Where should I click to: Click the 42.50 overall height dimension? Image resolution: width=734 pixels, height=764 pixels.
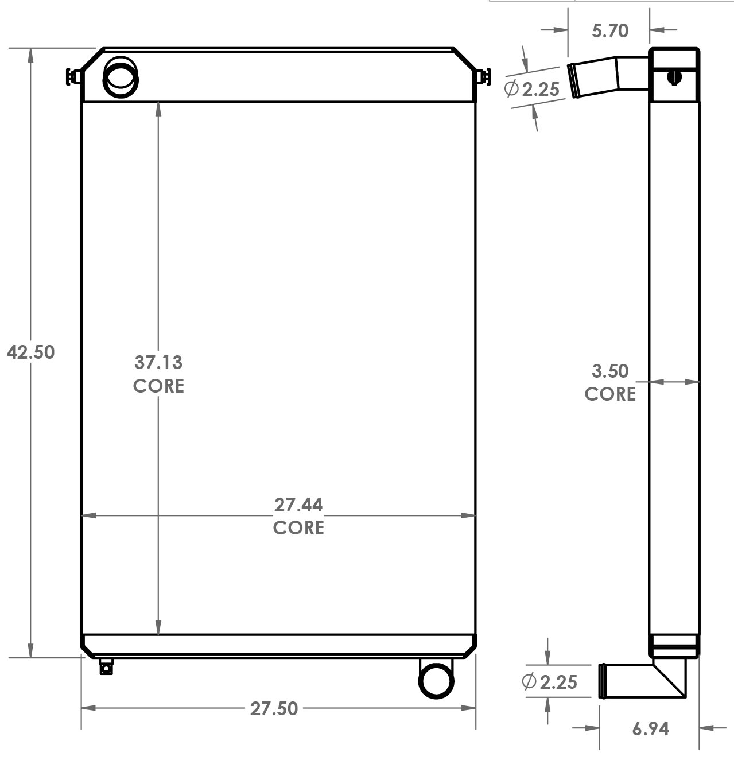coord(31,352)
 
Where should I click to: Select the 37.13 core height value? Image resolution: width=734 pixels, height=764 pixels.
coord(158,362)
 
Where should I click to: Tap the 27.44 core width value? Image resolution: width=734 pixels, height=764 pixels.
coord(298,505)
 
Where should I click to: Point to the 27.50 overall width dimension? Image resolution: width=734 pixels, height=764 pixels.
coord(274,708)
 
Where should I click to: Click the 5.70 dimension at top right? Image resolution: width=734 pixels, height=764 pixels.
coord(610,30)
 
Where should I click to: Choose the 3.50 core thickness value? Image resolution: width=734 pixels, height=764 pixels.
coord(610,371)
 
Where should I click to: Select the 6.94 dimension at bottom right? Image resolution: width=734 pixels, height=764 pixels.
coord(650,728)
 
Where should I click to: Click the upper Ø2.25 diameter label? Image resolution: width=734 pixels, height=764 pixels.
coord(532,89)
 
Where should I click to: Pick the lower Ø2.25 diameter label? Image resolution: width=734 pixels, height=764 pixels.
coord(549,681)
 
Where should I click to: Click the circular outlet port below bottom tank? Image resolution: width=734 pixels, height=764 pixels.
coord(436,680)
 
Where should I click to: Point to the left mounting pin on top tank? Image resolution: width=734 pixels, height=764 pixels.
coord(73,76)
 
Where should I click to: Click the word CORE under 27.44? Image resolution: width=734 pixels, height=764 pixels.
coord(298,528)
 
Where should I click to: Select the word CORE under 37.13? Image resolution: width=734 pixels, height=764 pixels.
coord(158,386)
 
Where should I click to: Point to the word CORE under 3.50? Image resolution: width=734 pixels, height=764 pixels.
coord(610,394)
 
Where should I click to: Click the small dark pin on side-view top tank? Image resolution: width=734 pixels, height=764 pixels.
coord(674,77)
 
